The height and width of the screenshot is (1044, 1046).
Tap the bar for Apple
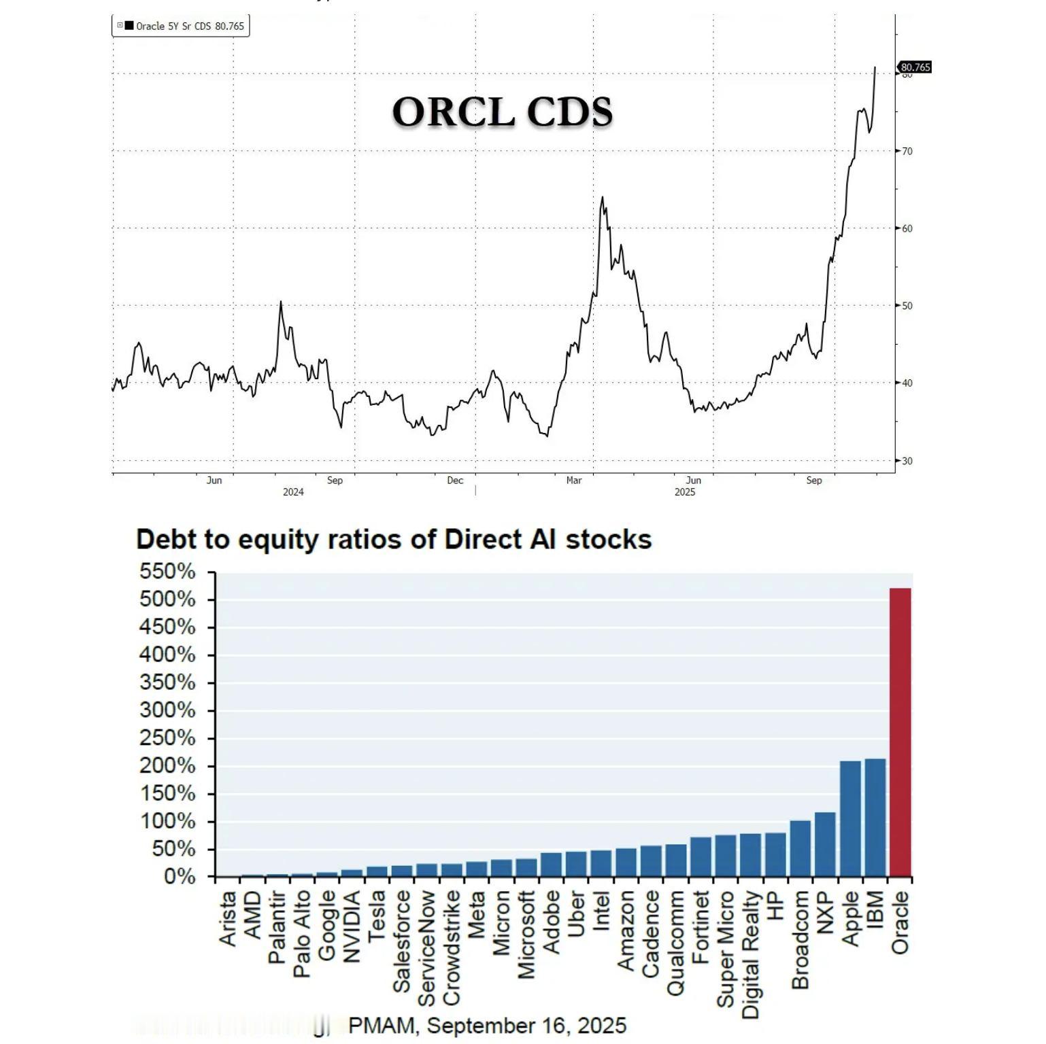point(850,818)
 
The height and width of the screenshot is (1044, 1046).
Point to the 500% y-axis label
point(167,599)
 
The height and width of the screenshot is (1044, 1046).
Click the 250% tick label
point(167,738)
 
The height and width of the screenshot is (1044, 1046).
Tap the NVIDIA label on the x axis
point(351,926)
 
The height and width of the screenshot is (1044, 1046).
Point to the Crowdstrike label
point(451,948)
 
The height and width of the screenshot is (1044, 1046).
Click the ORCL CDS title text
point(502,111)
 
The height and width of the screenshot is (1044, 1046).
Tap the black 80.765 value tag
point(915,67)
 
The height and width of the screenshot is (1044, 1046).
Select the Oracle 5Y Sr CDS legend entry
point(181,26)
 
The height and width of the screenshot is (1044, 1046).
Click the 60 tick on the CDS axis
point(907,228)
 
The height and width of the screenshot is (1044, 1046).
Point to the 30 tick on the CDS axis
point(907,461)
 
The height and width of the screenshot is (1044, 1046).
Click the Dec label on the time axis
point(455,481)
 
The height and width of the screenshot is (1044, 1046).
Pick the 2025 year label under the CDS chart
point(685,492)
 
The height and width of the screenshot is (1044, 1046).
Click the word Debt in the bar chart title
point(165,540)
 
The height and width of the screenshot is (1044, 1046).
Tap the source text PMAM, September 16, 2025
point(487,1025)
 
